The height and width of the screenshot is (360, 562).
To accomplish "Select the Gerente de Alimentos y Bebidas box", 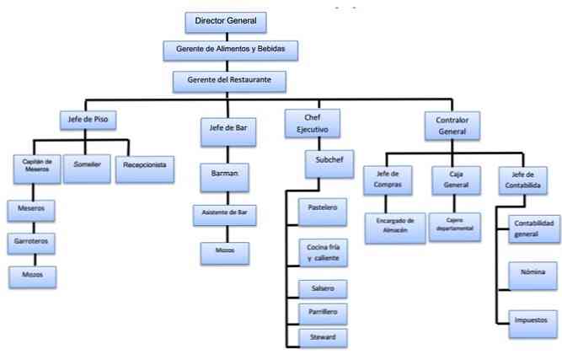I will (x=230, y=50).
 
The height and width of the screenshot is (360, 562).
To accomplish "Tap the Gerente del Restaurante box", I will (x=229, y=81).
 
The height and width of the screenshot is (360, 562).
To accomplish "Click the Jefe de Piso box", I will (x=87, y=119).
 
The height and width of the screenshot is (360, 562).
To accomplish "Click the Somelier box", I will (x=88, y=164).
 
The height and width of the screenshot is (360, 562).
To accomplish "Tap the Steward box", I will (x=322, y=337).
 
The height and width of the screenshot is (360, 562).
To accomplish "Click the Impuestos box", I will (x=533, y=320).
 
